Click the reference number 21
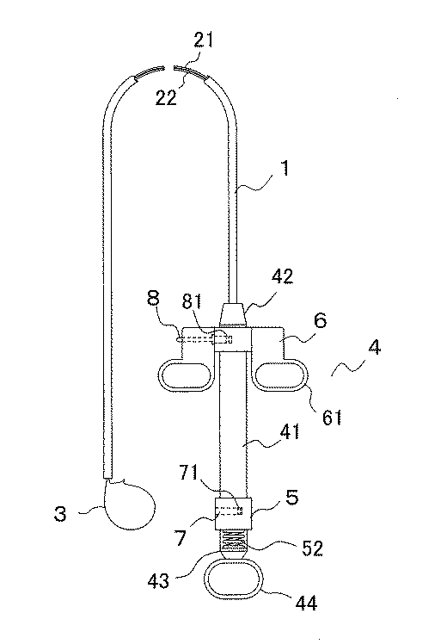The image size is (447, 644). click(x=204, y=40)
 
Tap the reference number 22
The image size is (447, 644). click(x=166, y=98)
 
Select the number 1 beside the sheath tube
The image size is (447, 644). click(x=285, y=168)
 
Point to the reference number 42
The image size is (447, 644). click(x=283, y=276)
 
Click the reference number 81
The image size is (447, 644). click(x=192, y=302)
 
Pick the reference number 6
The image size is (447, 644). click(x=321, y=320)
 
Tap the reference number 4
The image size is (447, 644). click(x=374, y=348)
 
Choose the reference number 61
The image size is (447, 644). click(x=332, y=417)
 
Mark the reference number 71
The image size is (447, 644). click(x=188, y=473)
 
